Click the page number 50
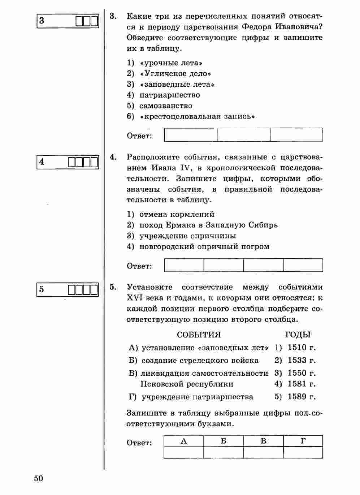point(39,478)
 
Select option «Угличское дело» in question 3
point(175,74)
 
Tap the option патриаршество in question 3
point(169,95)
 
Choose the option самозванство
point(166,106)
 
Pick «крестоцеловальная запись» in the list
point(197,117)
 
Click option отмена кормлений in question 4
point(177,214)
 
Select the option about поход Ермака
point(208,225)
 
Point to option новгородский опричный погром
point(204,247)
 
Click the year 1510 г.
point(301,348)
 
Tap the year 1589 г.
point(301,397)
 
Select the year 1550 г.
point(301,373)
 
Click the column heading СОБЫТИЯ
point(199,335)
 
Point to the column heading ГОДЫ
point(298,335)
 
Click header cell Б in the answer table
point(224,441)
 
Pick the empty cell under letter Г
point(303,452)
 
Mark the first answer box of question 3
point(191,135)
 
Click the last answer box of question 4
point(303,265)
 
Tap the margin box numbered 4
point(68,162)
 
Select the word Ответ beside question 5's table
point(139,443)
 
